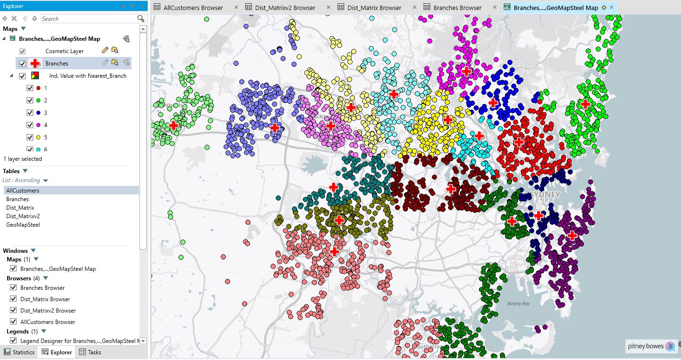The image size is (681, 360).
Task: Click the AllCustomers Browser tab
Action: point(193,8)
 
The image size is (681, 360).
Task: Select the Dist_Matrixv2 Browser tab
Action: point(285,8)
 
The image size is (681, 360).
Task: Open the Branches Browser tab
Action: point(457,8)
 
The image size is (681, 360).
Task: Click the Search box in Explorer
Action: point(88,18)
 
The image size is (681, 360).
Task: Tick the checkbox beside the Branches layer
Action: point(22,64)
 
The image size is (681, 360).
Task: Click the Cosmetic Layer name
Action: point(64,51)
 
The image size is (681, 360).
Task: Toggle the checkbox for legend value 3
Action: point(30,113)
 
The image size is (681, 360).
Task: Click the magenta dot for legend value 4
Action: point(38,125)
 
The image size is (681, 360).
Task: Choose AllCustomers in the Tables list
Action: point(23,191)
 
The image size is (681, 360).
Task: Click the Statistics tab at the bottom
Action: point(19,352)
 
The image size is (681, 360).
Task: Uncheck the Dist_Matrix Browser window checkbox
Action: point(13,299)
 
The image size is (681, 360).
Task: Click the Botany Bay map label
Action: point(518,304)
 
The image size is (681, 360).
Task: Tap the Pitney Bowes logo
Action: point(650,346)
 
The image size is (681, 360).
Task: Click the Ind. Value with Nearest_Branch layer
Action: point(88,76)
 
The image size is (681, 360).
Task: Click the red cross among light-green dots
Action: point(174,126)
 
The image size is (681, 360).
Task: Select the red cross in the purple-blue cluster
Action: point(274,128)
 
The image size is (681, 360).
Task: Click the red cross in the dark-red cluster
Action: point(450,189)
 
